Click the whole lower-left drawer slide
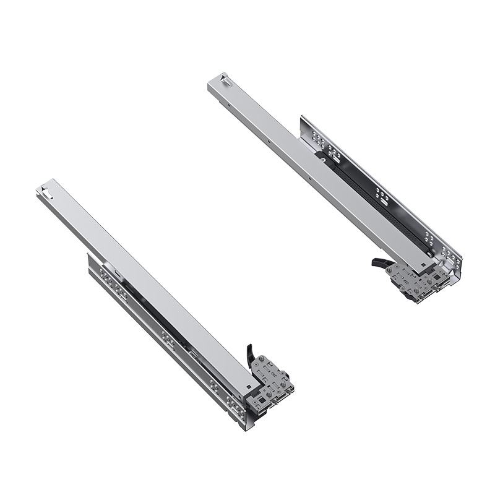tap(167, 303)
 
